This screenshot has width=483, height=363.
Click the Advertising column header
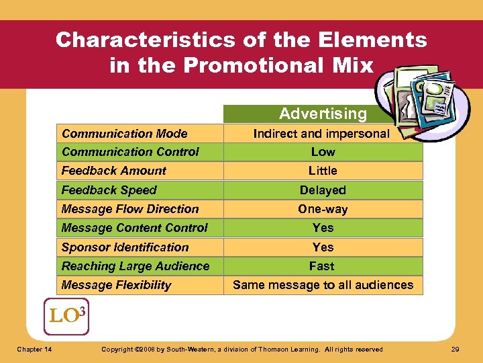tap(323, 114)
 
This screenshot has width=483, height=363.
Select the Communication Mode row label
tap(124, 134)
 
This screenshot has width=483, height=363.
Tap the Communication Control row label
tap(130, 152)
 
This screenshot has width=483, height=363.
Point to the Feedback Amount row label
tap(113, 171)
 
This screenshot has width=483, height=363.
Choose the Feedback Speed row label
tap(109, 190)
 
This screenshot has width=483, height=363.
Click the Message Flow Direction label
tap(130, 209)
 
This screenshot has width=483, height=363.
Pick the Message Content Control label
tap(134, 228)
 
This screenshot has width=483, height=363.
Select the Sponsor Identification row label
tap(125, 247)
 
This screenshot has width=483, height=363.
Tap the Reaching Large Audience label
tap(135, 266)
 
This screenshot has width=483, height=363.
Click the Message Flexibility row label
tap(116, 285)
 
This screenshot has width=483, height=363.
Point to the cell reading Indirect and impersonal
tap(321, 134)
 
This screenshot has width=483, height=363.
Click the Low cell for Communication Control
tap(323, 152)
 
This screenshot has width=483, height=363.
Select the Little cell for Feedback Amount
tap(323, 171)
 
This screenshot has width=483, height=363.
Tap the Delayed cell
tap(323, 190)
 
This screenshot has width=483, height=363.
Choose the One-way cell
tap(323, 209)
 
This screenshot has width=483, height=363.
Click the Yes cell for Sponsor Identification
tap(323, 247)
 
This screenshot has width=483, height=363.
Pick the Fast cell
tap(322, 266)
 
